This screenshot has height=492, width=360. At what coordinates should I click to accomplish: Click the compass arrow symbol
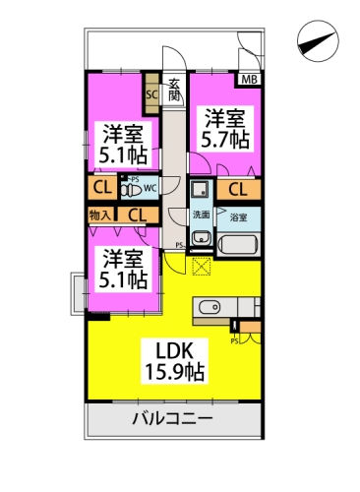[x=317, y=41]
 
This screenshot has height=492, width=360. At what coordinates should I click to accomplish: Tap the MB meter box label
[x=249, y=80]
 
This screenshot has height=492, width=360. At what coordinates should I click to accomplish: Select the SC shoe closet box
[x=151, y=94]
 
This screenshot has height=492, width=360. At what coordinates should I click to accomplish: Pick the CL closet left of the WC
[x=102, y=187]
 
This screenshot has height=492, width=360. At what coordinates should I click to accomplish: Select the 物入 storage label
[x=100, y=214]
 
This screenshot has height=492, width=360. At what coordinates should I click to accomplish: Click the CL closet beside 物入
[x=137, y=214]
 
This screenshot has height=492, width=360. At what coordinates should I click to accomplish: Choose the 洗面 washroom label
[x=201, y=215]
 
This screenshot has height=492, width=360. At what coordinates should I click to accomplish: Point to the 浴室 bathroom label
[x=238, y=215]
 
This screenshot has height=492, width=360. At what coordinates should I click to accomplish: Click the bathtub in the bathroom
[x=239, y=244]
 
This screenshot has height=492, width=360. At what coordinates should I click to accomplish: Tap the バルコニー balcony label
[x=173, y=420]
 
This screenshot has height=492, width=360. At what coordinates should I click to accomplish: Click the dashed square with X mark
[x=202, y=264]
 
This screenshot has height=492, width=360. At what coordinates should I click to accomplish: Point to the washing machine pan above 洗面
[x=200, y=191]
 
